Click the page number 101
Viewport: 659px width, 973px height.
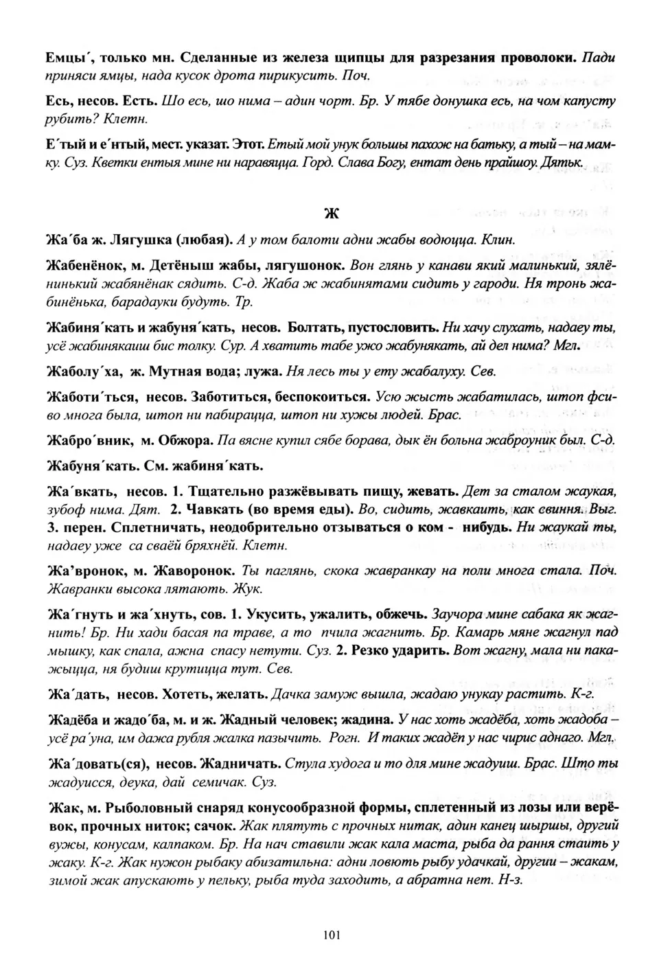pos(330,935)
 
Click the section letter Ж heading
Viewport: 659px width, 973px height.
pos(330,213)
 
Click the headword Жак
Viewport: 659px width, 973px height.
pos(61,807)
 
